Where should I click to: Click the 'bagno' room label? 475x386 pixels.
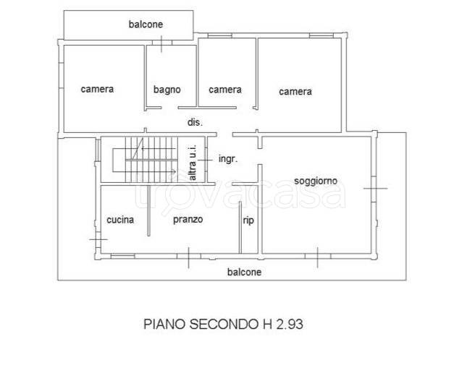pos(167,90)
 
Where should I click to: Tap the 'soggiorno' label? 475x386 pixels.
pos(316,181)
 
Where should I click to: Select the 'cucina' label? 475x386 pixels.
pos(120,220)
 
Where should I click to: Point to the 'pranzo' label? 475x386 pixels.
pos(188,220)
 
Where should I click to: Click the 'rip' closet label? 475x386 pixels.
pos(248,221)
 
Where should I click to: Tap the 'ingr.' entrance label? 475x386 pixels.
pos(228,159)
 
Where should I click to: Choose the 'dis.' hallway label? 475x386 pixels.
pos(195,122)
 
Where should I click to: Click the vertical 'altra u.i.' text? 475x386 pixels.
pos(193,163)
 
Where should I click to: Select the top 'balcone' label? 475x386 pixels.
pos(146,24)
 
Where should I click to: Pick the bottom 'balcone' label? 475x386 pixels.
pos(245,272)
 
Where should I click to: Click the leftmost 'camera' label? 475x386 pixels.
pos(97,89)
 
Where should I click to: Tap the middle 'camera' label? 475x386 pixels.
pos(225,90)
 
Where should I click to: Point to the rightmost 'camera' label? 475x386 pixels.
pos(295,91)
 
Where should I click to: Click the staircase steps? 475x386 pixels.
pos(151,160)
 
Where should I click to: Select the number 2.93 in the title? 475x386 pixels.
pos(290,325)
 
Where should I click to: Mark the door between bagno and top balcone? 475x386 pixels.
pos(161,43)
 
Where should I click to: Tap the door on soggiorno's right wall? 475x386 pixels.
pos(374,189)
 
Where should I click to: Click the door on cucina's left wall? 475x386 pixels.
pos(98,239)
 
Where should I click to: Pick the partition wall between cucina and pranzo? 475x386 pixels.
pos(148,211)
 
